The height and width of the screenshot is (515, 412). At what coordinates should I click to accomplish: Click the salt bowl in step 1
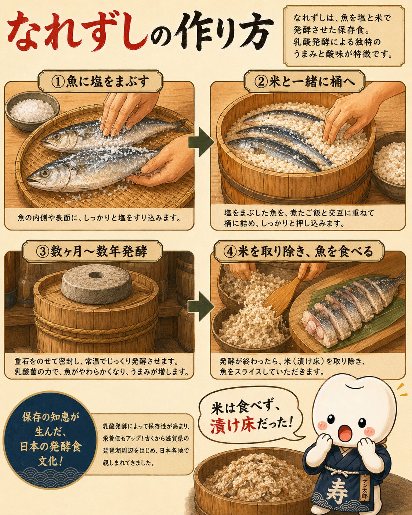tap(32, 111)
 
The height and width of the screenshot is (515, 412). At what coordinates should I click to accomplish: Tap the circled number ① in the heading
tap(58, 82)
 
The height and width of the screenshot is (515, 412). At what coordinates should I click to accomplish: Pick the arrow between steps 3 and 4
tap(201, 306)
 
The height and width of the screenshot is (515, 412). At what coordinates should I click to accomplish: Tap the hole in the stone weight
tap(97, 275)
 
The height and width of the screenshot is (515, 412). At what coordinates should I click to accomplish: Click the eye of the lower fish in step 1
tap(45, 172)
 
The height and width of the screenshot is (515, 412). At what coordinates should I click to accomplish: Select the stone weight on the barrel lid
tap(97, 284)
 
